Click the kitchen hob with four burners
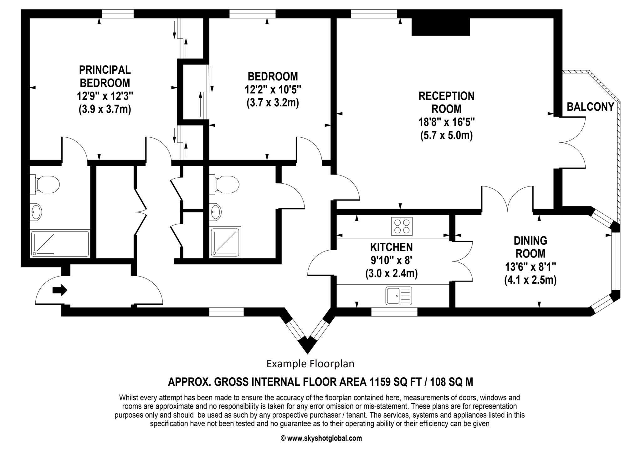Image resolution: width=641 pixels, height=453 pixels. (x=402, y=226)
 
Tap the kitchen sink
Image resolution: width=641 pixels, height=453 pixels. (x=399, y=296)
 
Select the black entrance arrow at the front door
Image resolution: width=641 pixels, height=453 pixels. (x=60, y=290)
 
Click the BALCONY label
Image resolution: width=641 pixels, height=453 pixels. (x=591, y=107)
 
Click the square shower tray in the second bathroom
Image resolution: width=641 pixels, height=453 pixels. (x=226, y=242)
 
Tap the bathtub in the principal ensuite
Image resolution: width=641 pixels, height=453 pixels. (x=60, y=244)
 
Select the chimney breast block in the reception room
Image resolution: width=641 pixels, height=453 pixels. (x=440, y=27)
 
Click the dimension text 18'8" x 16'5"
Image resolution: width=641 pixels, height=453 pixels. (x=447, y=122)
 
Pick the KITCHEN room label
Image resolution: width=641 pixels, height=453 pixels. (x=391, y=247)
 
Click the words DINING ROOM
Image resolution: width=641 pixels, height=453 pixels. (x=531, y=247)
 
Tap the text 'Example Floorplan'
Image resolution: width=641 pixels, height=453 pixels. (x=310, y=364)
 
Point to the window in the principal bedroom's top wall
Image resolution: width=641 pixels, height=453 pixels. (x=118, y=14)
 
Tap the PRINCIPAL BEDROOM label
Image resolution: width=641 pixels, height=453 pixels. (x=105, y=76)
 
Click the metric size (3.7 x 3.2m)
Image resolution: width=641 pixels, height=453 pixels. (x=273, y=103)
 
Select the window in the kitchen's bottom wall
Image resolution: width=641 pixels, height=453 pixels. (x=394, y=312)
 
